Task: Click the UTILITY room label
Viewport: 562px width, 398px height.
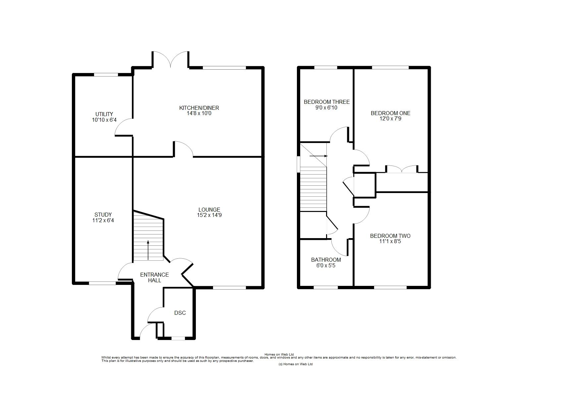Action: [104, 114]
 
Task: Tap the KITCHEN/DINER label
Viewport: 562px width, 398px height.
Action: [199, 108]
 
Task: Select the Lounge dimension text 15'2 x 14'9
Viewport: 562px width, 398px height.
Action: [209, 215]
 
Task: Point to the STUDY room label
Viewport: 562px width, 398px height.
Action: [103, 215]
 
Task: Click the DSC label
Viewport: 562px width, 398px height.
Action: [180, 313]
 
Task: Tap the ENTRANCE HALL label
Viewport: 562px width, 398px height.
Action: [154, 278]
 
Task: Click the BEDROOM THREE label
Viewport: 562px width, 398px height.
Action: [327, 102]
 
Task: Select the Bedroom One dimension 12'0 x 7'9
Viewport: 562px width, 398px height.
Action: [390, 118]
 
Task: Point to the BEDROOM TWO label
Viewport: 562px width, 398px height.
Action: [390, 236]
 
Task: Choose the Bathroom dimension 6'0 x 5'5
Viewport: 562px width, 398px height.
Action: [326, 265]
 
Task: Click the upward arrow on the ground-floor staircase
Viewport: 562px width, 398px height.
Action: [148, 250]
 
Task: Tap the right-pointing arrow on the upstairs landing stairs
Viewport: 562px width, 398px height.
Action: [318, 156]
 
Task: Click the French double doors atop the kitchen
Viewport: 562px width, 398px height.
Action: [170, 59]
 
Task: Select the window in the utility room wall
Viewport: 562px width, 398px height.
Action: [106, 75]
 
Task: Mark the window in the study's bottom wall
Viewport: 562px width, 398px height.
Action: [102, 283]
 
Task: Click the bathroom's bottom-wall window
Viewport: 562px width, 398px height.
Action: [326, 288]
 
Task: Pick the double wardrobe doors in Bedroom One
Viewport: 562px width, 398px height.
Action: [401, 169]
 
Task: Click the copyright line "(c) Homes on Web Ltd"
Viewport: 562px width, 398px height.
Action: [296, 364]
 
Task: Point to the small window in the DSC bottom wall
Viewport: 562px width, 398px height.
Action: [178, 339]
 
